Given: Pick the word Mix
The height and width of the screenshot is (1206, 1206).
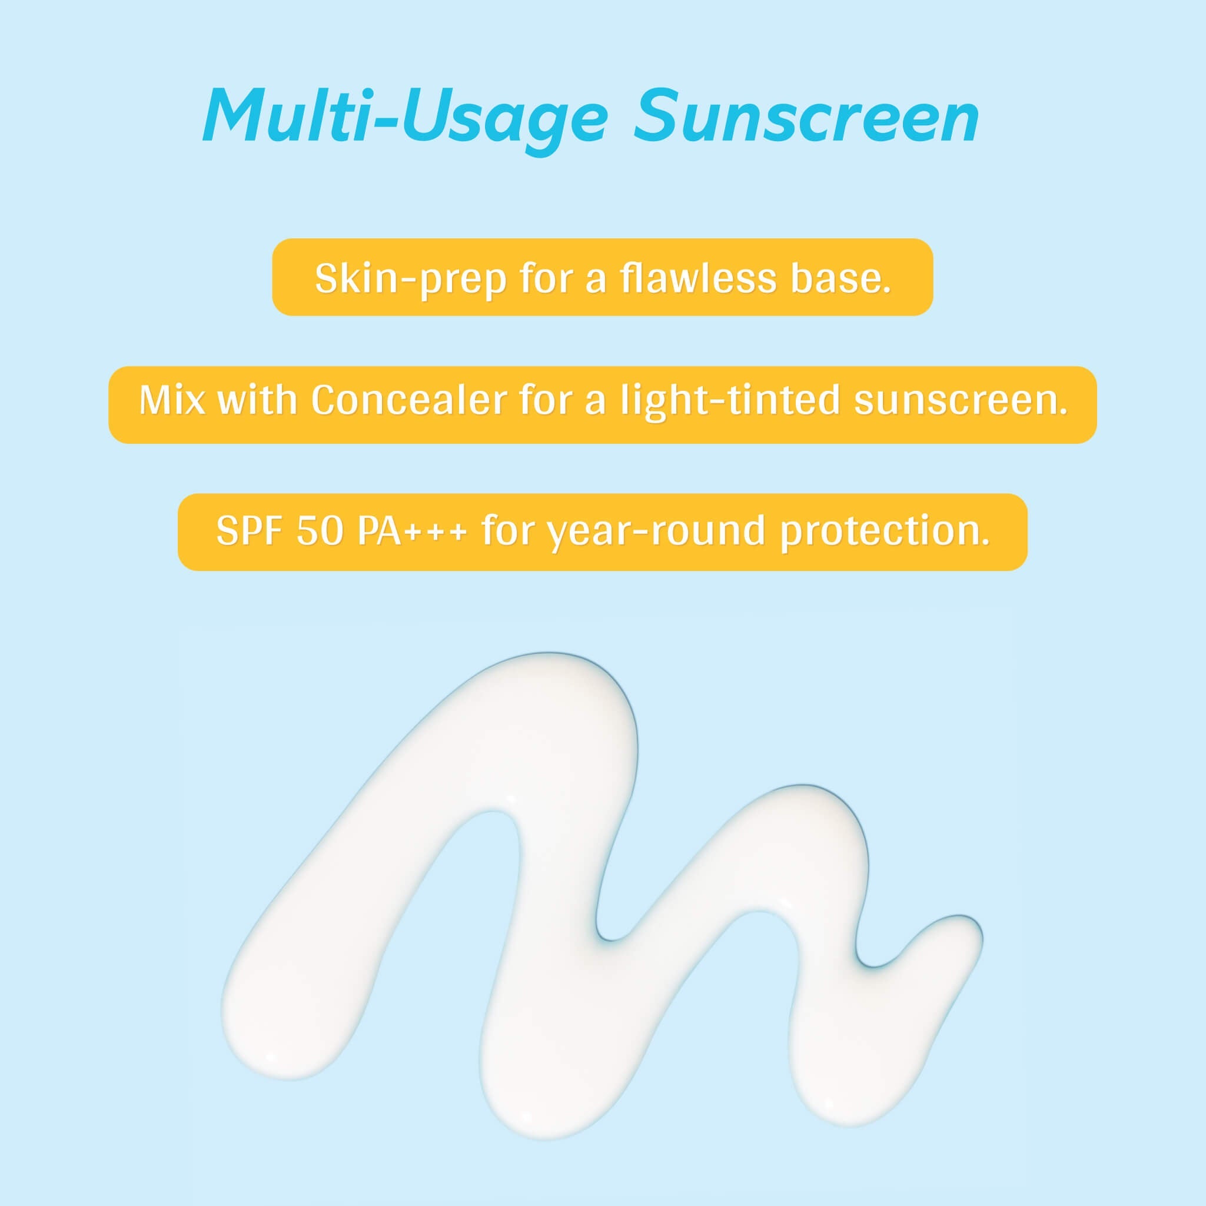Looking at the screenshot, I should tap(172, 400).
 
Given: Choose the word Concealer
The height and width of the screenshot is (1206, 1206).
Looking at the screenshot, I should tap(408, 400).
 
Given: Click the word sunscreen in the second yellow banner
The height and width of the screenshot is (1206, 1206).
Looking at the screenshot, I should tap(960, 400).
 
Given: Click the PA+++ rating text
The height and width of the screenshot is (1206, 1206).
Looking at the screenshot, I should tap(412, 531).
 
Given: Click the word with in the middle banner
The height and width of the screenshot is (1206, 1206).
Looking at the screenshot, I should tap(257, 400).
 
